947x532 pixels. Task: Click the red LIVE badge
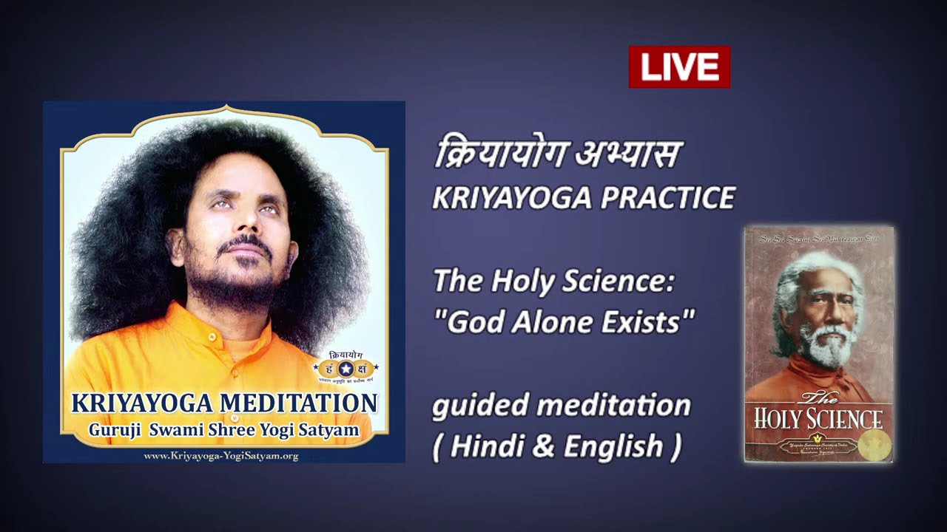(x=679, y=67)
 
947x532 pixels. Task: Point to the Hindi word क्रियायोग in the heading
(x=499, y=154)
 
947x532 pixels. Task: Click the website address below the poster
(x=220, y=456)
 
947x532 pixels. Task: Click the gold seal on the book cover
(x=875, y=446)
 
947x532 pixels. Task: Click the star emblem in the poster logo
(x=346, y=367)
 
